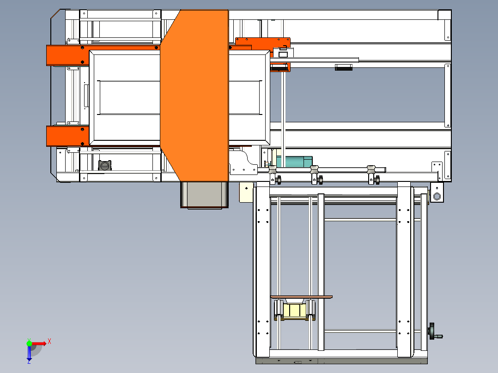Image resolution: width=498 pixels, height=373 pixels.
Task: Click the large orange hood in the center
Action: click(x=194, y=92)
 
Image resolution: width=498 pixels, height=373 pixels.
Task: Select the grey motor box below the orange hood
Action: click(x=204, y=194)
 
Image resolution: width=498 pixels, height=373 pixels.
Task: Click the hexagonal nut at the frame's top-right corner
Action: click(x=437, y=197)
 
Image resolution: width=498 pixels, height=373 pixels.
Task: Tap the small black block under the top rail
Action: click(x=344, y=68)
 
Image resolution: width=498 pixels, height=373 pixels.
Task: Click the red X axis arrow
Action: click(x=39, y=343)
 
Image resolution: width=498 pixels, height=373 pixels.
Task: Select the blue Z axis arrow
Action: click(x=29, y=353)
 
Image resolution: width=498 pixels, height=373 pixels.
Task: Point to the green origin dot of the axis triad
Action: click(x=29, y=343)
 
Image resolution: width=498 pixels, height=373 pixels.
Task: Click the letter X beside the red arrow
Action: click(x=49, y=341)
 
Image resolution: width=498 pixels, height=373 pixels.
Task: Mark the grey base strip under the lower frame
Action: click(x=342, y=361)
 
